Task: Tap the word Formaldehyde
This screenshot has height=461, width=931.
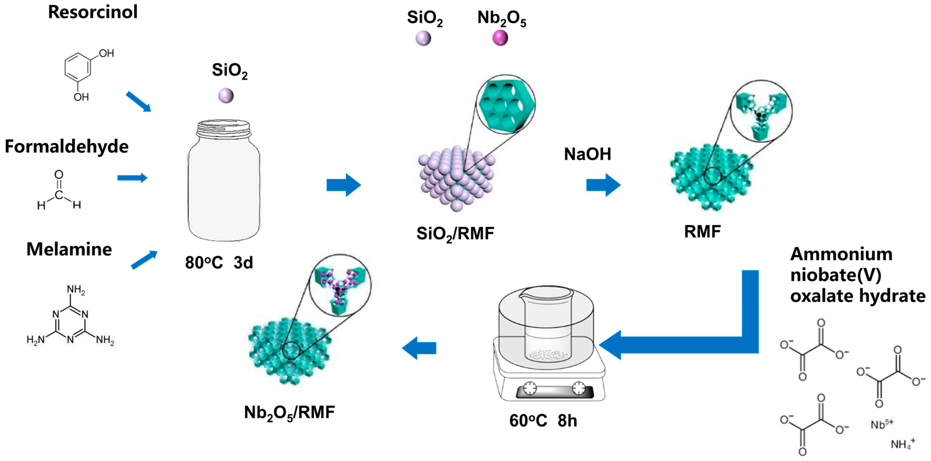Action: coord(67,146)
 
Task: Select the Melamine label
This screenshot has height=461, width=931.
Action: coord(69,249)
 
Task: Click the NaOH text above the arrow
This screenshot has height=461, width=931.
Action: coord(587,154)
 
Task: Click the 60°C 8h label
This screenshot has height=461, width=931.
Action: coord(543,421)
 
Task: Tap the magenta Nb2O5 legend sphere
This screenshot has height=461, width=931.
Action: coord(500,38)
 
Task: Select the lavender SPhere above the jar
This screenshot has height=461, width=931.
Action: coord(226,96)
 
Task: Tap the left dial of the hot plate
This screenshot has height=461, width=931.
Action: coord(530,388)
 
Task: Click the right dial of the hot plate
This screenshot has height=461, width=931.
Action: coord(579,388)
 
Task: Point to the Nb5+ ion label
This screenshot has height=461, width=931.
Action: coord(881,424)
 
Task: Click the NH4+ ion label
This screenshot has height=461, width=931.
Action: coord(902,443)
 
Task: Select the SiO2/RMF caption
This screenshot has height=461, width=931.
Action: coord(455,233)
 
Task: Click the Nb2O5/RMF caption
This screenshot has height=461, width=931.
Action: coord(289,412)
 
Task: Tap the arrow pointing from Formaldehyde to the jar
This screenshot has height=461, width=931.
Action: coord(132,178)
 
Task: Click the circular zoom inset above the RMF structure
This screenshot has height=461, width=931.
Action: coord(761,111)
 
